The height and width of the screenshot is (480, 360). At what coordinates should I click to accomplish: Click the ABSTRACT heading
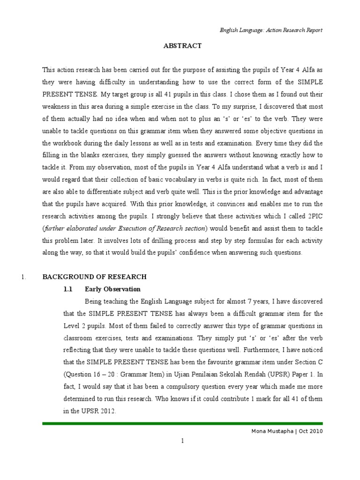(182, 46)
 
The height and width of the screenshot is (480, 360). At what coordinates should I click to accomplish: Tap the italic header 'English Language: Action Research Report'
(271, 30)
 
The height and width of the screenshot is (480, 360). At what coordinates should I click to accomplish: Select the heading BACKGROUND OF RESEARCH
(95, 277)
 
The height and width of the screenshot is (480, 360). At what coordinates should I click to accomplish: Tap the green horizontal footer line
(182, 424)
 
